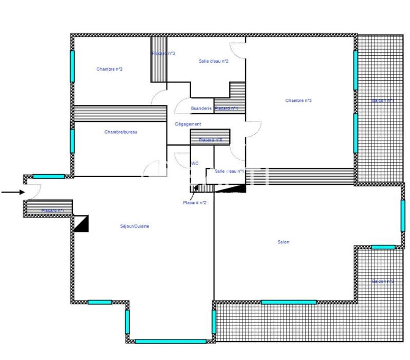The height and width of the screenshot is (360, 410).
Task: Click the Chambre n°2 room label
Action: click(109, 69)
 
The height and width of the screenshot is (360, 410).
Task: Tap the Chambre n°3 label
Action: click(298, 100)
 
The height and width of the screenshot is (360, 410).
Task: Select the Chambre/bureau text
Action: click(121, 132)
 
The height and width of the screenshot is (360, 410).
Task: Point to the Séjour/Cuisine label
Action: click(134, 226)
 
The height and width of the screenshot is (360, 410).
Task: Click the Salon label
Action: click(283, 242)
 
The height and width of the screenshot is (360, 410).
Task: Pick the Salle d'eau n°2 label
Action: click(213, 61)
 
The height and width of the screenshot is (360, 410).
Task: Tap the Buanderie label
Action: click(201, 109)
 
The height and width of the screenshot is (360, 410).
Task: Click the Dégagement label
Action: click(188, 124)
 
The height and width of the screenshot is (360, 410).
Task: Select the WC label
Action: click(195, 164)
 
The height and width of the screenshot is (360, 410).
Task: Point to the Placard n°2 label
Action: click(195, 203)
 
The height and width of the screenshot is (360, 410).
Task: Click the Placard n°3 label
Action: click(163, 53)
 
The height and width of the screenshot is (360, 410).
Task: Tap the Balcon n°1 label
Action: click(383, 101)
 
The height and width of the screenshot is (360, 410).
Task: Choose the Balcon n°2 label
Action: click(383, 282)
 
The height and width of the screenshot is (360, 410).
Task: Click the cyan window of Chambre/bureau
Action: click(72, 140)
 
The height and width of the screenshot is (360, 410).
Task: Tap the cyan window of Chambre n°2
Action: click(72, 63)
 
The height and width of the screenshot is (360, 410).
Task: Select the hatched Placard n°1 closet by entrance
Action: click(49, 208)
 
